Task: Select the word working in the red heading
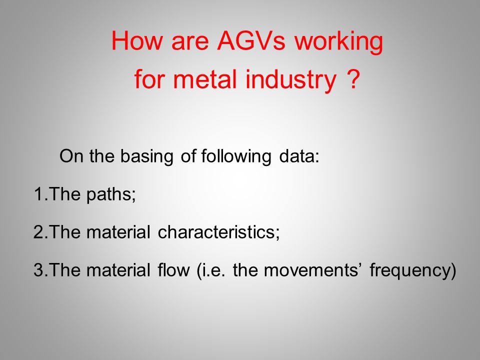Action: click(x=339, y=43)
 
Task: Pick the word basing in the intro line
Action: click(x=146, y=156)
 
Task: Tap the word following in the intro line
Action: click(x=236, y=156)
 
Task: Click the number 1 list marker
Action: click(x=38, y=194)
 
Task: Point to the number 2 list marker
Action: click(x=38, y=232)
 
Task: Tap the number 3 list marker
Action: click(x=38, y=270)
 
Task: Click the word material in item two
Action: click(x=118, y=231)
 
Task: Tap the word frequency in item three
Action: click(x=410, y=271)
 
